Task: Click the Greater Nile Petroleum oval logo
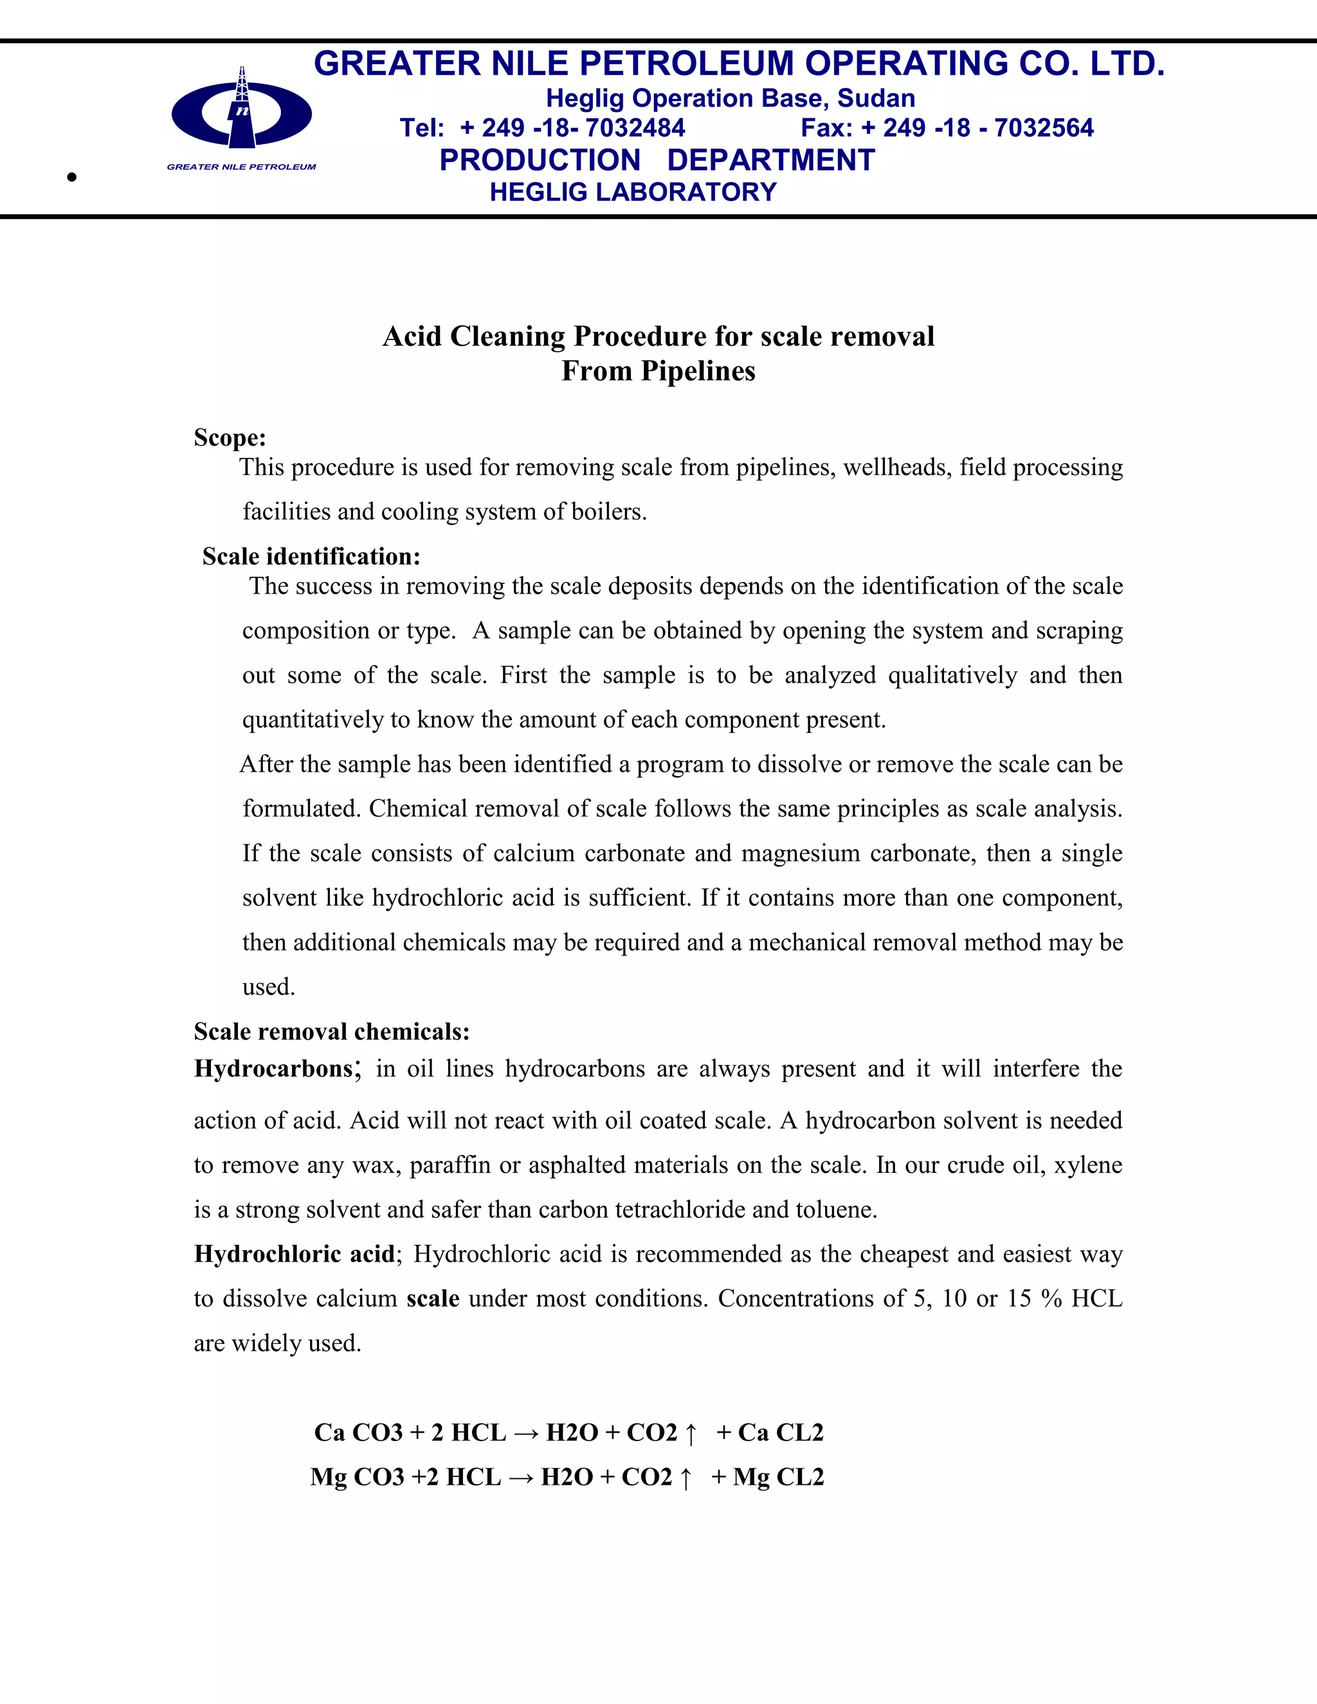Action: pos(242,114)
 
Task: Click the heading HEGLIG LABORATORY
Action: pos(633,192)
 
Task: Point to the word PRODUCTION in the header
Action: pos(540,160)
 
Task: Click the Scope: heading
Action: pos(230,438)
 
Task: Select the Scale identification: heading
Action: pos(311,556)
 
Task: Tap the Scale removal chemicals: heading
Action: pos(332,1031)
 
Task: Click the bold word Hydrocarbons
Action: pos(274,1068)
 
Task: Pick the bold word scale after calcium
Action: pos(433,1298)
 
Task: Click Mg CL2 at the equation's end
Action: pos(778,1477)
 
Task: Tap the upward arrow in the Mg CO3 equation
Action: pos(686,1478)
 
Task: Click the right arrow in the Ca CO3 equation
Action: pos(526,1433)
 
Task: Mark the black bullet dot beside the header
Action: pos(72,177)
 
